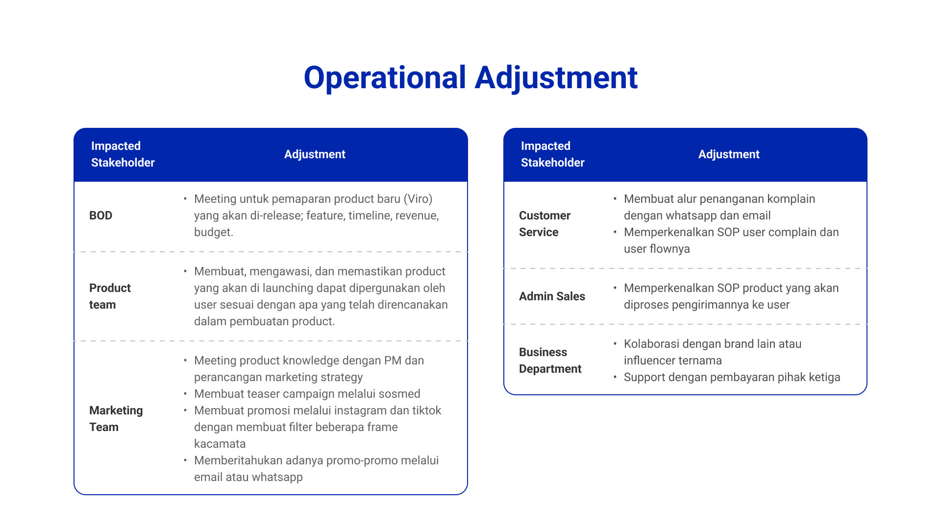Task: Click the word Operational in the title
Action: [385, 78]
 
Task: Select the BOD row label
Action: [100, 216]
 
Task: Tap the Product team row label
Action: [110, 296]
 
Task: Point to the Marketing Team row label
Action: [116, 419]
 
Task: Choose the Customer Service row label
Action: [545, 224]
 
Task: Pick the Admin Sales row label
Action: [552, 296]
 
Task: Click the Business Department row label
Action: [550, 361]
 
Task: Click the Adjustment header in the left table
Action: [315, 154]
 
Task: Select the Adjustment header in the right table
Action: [729, 154]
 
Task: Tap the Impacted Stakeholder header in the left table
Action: [123, 154]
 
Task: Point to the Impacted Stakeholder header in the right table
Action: [552, 154]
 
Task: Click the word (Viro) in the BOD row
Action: [418, 199]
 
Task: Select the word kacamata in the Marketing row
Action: [220, 444]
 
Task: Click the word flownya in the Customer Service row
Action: [669, 249]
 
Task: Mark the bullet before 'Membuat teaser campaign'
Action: [185, 393]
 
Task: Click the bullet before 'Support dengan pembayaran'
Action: [615, 377]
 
